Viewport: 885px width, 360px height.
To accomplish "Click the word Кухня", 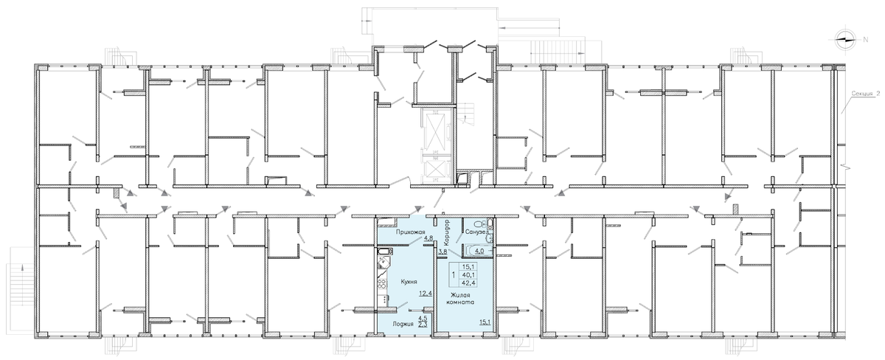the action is point(409,282).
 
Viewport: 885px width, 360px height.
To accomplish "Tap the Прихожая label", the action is point(410,232).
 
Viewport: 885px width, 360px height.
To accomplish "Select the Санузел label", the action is point(475,232).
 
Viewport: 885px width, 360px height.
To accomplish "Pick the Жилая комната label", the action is point(459,299).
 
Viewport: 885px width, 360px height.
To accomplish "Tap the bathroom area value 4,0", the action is point(479,251).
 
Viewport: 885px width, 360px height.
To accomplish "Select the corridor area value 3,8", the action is point(443,251).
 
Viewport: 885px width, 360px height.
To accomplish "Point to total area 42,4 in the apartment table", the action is point(468,283).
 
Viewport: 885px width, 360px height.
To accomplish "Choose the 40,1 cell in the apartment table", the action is point(468,274).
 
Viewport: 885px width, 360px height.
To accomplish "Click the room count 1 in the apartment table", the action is point(453,274).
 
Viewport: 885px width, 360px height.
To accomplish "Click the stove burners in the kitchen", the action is point(382,283).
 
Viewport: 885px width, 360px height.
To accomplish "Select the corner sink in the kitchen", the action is point(383,263).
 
